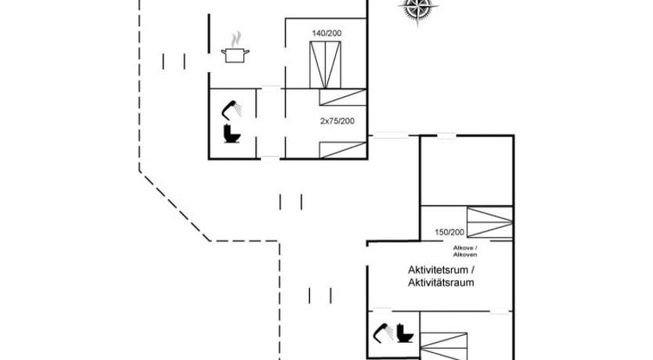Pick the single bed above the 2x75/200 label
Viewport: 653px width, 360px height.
click(x=342, y=97)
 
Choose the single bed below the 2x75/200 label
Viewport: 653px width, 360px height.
click(x=342, y=149)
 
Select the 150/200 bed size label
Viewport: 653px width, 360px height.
click(x=450, y=232)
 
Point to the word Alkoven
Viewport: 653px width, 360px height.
click(x=464, y=255)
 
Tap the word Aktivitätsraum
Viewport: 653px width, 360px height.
click(x=441, y=283)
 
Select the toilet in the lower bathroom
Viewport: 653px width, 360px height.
click(x=405, y=334)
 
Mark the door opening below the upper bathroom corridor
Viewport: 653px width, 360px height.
click(x=269, y=157)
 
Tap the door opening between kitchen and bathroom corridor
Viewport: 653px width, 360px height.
click(x=270, y=88)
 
